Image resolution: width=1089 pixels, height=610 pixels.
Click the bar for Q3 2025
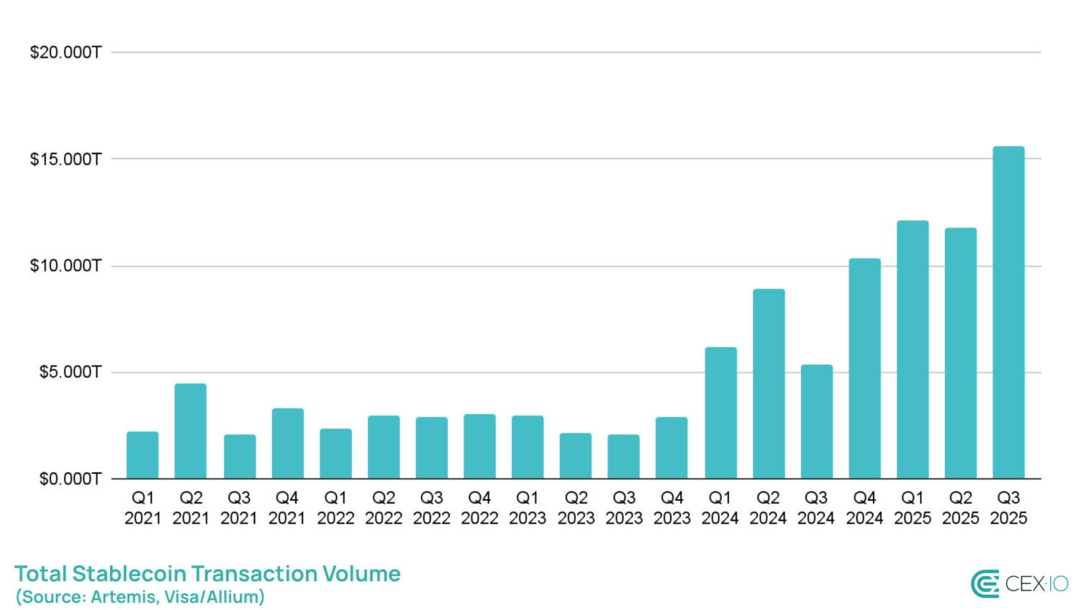click(x=1008, y=313)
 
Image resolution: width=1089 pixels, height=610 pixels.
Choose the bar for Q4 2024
click(x=864, y=368)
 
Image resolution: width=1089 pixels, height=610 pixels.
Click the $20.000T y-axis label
click(x=65, y=53)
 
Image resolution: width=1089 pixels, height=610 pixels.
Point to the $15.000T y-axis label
click(x=65, y=159)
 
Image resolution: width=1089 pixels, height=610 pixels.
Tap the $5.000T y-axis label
click(x=70, y=372)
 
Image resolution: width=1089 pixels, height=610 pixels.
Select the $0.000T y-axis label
click(x=70, y=479)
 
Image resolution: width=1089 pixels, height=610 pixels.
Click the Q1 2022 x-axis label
click(x=335, y=508)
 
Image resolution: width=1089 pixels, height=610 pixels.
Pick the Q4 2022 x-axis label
click(x=479, y=508)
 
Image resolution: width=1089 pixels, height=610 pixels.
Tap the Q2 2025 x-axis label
click(x=960, y=508)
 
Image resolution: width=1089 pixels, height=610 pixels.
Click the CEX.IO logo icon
click(x=985, y=584)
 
